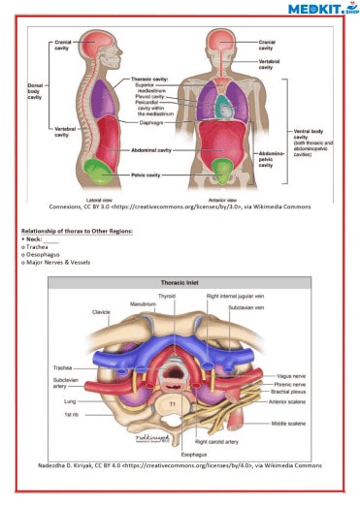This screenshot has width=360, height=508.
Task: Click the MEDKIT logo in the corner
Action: [320, 9]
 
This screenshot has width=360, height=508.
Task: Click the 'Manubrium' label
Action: [143, 304]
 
